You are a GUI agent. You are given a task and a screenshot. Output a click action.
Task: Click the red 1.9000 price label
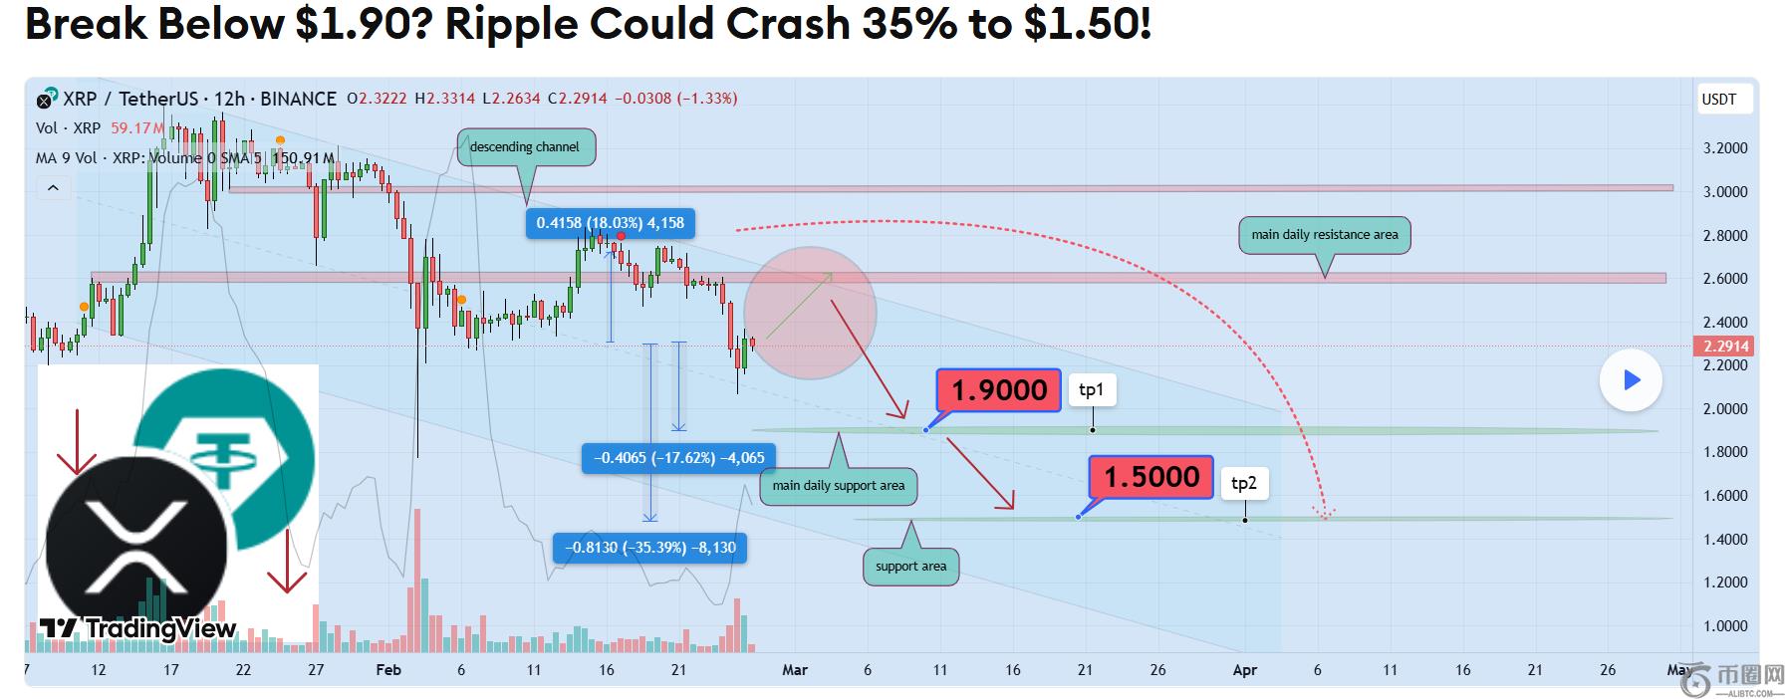pyautogui.click(x=999, y=390)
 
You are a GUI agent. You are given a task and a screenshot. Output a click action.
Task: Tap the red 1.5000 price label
pyautogui.click(x=1151, y=477)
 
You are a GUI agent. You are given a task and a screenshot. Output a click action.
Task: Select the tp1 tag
pyautogui.click(x=1092, y=390)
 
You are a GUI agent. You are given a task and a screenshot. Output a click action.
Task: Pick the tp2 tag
pyautogui.click(x=1244, y=484)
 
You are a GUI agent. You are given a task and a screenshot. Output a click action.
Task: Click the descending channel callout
pyautogui.click(x=525, y=147)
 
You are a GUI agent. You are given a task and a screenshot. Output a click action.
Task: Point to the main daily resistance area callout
pyautogui.click(x=1324, y=235)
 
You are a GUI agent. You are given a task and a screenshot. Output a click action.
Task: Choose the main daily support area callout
pyautogui.click(x=838, y=486)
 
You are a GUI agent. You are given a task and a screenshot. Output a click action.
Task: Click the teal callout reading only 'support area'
pyautogui.click(x=910, y=567)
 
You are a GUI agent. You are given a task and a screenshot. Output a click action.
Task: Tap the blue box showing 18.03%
pyautogui.click(x=610, y=223)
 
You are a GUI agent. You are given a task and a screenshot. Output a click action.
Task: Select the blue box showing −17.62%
pyautogui.click(x=679, y=458)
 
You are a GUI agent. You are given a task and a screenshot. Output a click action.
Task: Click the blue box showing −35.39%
pyautogui.click(x=650, y=548)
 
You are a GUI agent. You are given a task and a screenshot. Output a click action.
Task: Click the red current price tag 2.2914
pyautogui.click(x=1725, y=347)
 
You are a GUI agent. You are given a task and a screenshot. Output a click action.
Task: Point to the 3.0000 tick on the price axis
pyautogui.click(x=1725, y=192)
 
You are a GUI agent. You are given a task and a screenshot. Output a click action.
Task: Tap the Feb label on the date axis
pyautogui.click(x=388, y=670)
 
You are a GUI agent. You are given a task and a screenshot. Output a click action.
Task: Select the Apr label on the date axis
pyautogui.click(x=1244, y=670)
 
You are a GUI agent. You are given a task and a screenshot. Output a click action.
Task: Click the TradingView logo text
pyautogui.click(x=159, y=628)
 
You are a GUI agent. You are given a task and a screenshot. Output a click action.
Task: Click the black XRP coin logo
pyautogui.click(x=135, y=544)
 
